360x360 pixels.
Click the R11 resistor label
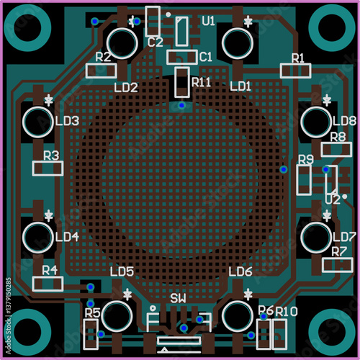[202, 82]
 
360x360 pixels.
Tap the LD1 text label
[240, 86]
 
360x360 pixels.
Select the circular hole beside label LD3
[38, 122]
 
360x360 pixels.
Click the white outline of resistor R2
[86, 71]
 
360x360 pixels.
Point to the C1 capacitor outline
[167, 58]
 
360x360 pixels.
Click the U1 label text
[208, 21]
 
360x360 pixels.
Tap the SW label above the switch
[178, 299]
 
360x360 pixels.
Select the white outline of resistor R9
[297, 179]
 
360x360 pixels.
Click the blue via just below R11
[182, 105]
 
